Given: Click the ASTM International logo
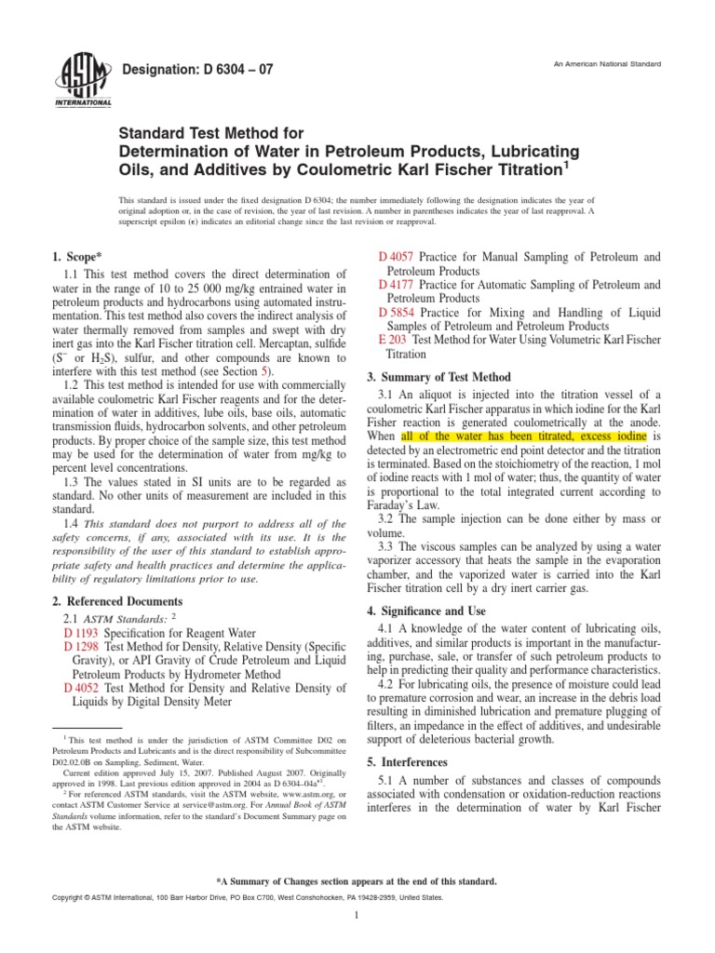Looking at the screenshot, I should click(85, 79).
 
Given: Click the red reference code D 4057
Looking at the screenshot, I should click(397, 256).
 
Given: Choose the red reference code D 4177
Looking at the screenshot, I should click(397, 284).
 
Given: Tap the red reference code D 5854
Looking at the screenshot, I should click(397, 312).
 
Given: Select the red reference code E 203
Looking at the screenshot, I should click(393, 341).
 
